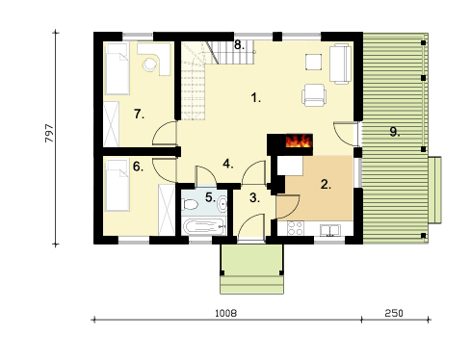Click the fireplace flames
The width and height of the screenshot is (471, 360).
click(299, 141)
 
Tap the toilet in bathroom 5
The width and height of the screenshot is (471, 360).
click(190, 204)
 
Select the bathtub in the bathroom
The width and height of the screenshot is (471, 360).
click(204, 226)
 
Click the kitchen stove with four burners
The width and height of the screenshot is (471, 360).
click(295, 228)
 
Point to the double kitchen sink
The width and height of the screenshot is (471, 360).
click(330, 230)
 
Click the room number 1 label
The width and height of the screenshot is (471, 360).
click(255, 97)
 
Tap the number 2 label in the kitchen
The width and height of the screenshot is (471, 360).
click(326, 184)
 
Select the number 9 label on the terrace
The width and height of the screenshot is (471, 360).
click(395, 132)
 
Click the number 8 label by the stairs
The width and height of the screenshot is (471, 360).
click(239, 44)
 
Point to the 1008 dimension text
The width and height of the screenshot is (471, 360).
click(225, 313)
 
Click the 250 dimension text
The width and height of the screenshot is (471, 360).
click(394, 313)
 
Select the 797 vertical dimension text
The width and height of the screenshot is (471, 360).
click(49, 133)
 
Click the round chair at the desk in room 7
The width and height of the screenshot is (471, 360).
click(149, 64)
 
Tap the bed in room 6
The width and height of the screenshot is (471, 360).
click(118, 185)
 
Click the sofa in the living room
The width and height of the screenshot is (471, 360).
click(340, 64)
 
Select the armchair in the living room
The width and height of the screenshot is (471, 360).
click(314, 95)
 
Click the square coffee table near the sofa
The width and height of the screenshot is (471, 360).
click(313, 62)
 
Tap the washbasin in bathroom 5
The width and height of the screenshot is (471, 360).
click(222, 203)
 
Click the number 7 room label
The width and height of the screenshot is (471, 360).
click(139, 114)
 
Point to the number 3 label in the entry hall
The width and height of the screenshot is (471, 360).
click(254, 197)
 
